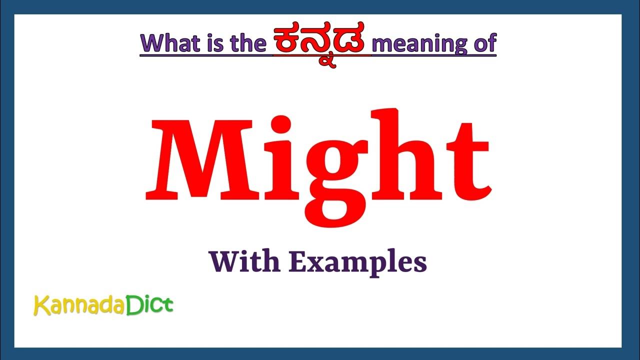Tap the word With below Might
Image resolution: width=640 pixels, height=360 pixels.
coord(244,262)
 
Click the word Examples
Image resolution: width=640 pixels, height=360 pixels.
coord(357,263)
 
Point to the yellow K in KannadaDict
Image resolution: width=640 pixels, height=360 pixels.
coord(39,305)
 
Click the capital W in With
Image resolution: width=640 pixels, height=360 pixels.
coord(223,262)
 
